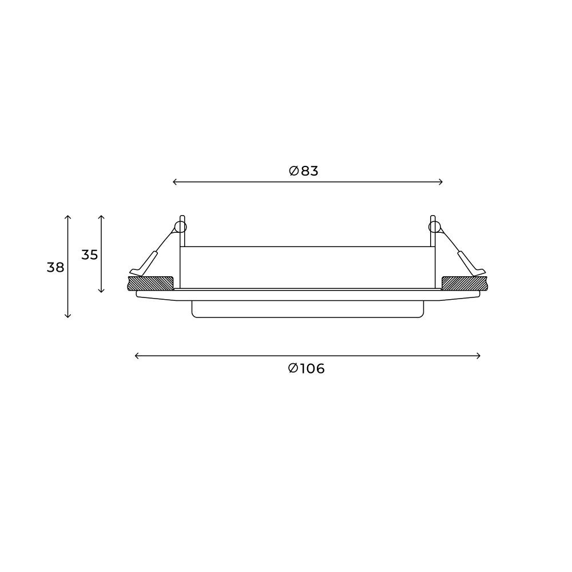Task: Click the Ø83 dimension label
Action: tap(303, 170)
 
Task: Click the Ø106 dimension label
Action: tap(307, 369)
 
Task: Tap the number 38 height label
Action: tap(55, 267)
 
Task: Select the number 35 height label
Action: tap(89, 255)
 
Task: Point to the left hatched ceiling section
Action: tap(150, 283)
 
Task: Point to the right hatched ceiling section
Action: tap(464, 283)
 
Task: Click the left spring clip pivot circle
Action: tap(180, 227)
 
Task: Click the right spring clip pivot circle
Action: tap(435, 227)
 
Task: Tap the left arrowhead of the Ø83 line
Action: tap(174, 182)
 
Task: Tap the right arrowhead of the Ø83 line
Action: tap(442, 182)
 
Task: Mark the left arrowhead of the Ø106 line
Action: tap(136, 356)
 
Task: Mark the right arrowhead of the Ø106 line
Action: tap(479, 356)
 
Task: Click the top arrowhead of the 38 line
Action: tap(68, 217)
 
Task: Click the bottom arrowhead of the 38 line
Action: tap(68, 316)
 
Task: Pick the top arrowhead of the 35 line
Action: tap(101, 217)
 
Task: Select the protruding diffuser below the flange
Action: tap(308, 309)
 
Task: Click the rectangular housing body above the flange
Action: tap(308, 267)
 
